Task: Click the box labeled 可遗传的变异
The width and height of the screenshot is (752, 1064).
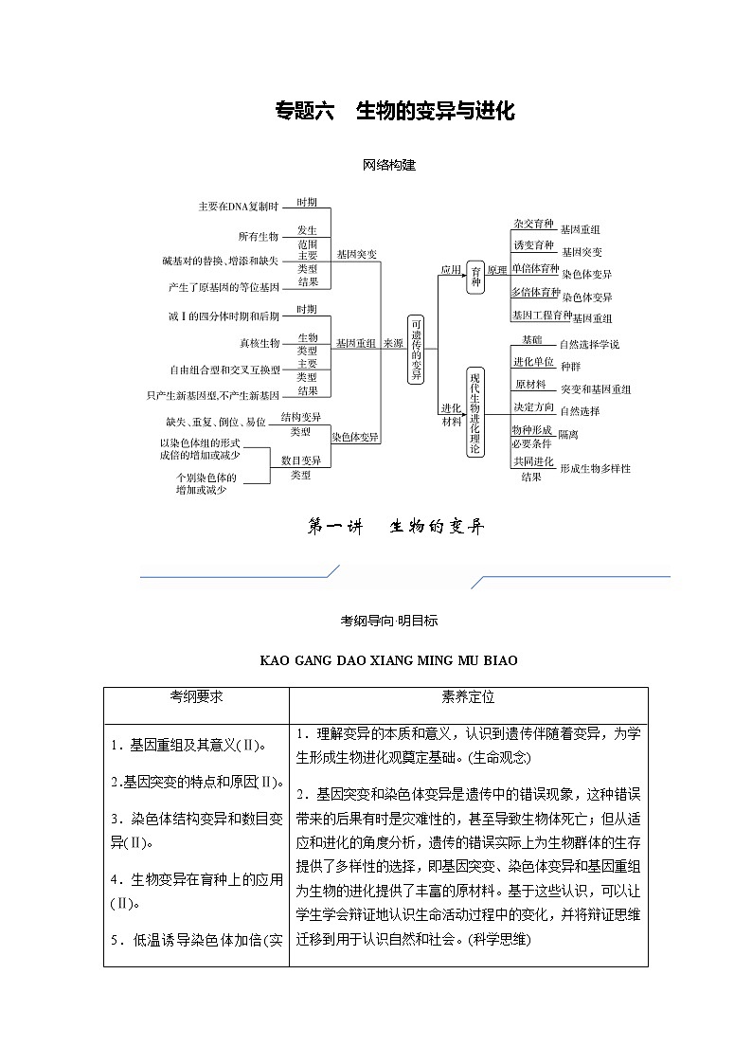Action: (x=416, y=350)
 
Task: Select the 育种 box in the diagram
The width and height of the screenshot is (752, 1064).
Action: (x=475, y=276)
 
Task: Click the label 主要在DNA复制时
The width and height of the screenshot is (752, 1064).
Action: (x=238, y=207)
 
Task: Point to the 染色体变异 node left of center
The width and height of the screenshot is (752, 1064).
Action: (x=355, y=437)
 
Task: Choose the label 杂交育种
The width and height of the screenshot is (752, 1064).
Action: (x=532, y=224)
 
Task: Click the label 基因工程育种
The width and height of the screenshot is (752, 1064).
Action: (x=542, y=315)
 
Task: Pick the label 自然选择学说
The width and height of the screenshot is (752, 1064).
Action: (x=589, y=344)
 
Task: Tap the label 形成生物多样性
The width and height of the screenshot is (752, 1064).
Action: (x=595, y=468)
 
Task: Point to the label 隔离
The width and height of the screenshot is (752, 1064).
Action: (x=568, y=434)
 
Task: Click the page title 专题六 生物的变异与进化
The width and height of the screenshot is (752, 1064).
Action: (x=394, y=112)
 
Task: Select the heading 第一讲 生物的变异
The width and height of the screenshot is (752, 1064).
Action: (x=396, y=528)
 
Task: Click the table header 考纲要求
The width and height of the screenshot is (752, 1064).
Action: (x=196, y=696)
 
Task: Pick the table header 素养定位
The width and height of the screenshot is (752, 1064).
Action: (x=468, y=696)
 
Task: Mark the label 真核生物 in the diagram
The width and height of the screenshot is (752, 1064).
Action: (x=259, y=343)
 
